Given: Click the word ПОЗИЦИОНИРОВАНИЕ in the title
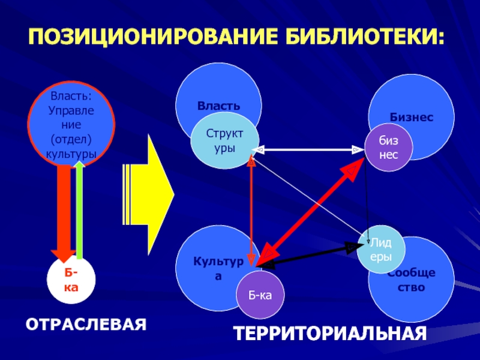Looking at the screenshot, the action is point(152,37).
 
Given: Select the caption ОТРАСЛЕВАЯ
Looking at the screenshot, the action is point(86,325).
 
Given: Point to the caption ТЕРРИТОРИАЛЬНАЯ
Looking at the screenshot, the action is point(330,333).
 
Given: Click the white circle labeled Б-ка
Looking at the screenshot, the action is point(71,280).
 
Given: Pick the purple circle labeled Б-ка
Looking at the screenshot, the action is point(260,295).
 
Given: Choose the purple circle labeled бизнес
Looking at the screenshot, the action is point(388,147).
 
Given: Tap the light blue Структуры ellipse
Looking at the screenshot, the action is point(224,140).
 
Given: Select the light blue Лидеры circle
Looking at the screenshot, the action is point(381,250).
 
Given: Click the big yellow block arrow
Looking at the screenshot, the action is point(148,194).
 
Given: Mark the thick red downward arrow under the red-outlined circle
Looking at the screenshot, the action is point(64,213).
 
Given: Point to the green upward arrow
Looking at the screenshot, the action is point(80,210).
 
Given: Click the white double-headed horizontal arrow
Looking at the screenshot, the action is point(308,149).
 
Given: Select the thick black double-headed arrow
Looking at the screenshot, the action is point(310,256).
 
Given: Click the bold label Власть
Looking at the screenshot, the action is point(218,106).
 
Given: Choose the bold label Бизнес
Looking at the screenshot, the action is point(412,117).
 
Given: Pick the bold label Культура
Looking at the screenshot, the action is point(218,268).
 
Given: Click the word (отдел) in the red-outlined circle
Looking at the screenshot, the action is point(71,139).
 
